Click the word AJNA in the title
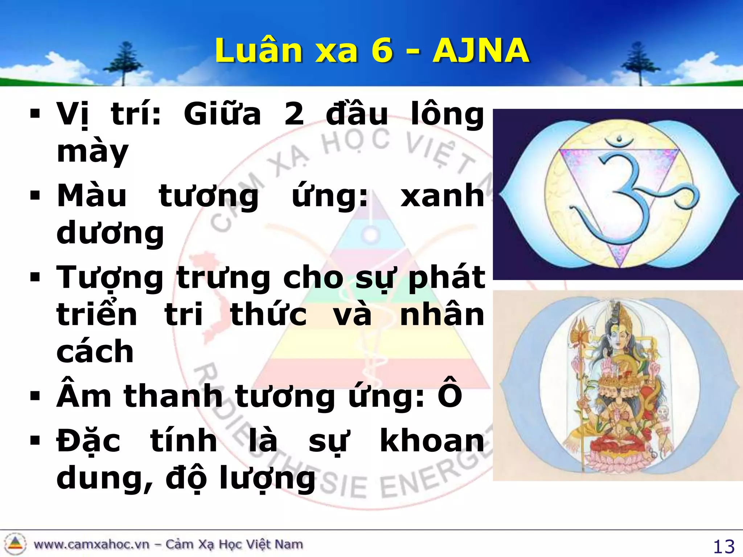click(x=481, y=51)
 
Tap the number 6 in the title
click(x=382, y=51)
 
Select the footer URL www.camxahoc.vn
click(x=91, y=544)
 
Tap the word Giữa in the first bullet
click(x=222, y=114)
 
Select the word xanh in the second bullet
click(x=443, y=196)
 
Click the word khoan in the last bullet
click(x=432, y=441)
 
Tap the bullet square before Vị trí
click(x=35, y=115)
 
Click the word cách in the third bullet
click(x=95, y=352)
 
